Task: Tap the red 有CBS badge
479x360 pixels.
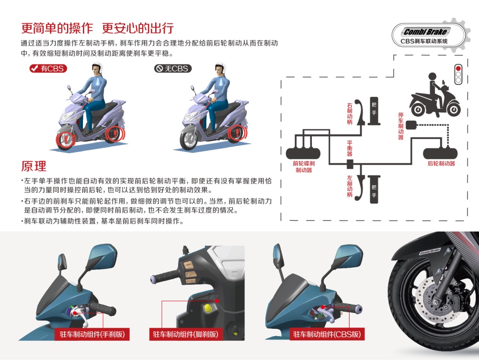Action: click(x=48, y=68)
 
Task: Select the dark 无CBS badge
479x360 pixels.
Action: click(x=172, y=68)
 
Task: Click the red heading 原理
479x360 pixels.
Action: click(x=34, y=166)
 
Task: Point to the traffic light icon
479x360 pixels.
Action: click(x=458, y=74)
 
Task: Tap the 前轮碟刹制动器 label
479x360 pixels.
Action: click(x=304, y=167)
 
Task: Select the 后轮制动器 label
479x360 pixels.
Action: click(x=441, y=163)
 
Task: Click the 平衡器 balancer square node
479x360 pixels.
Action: click(x=350, y=164)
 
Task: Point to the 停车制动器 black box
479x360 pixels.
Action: click(x=411, y=124)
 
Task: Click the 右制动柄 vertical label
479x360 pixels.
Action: click(x=350, y=113)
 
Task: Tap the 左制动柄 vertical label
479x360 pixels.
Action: click(x=350, y=186)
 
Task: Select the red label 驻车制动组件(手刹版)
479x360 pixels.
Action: click(x=92, y=334)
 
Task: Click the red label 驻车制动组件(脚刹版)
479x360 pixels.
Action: click(x=185, y=334)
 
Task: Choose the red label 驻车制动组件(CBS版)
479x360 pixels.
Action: click(x=327, y=334)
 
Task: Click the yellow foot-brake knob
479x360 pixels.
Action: click(x=208, y=308)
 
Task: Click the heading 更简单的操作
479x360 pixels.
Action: click(x=57, y=28)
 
